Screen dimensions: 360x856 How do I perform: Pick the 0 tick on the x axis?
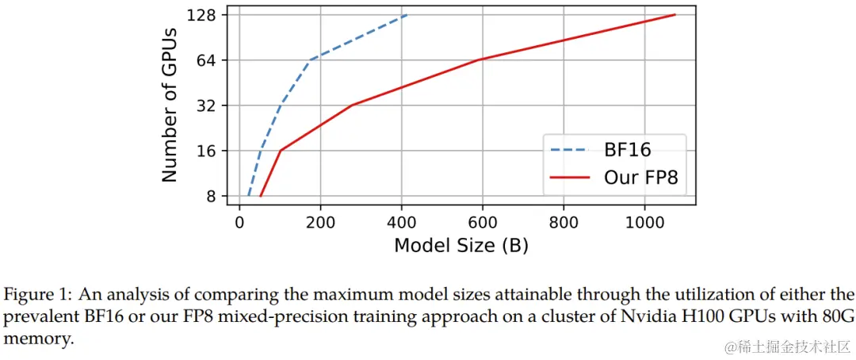click(x=239, y=223)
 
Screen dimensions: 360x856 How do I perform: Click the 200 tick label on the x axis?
click(x=320, y=223)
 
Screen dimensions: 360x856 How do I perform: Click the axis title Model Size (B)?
click(x=460, y=246)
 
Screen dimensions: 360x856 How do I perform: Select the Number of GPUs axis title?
click(x=170, y=105)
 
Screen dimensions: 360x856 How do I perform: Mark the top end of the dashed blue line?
click(x=407, y=15)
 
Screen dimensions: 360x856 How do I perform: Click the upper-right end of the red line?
click(x=674, y=15)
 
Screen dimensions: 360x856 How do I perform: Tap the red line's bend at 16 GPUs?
click(x=281, y=151)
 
